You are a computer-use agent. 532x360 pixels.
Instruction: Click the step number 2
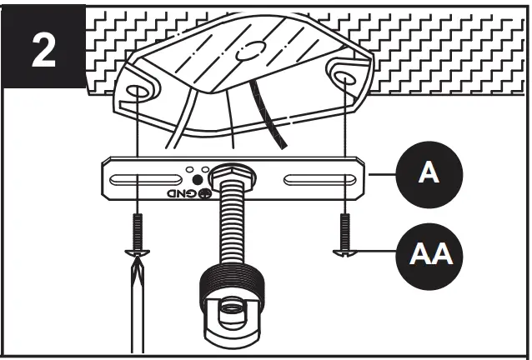point(43,49)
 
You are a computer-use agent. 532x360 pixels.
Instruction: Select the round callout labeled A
point(429,175)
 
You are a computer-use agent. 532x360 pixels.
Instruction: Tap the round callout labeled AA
point(429,252)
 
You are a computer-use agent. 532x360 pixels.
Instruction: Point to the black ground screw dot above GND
point(197,177)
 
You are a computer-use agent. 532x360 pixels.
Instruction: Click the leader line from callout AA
point(379,252)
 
